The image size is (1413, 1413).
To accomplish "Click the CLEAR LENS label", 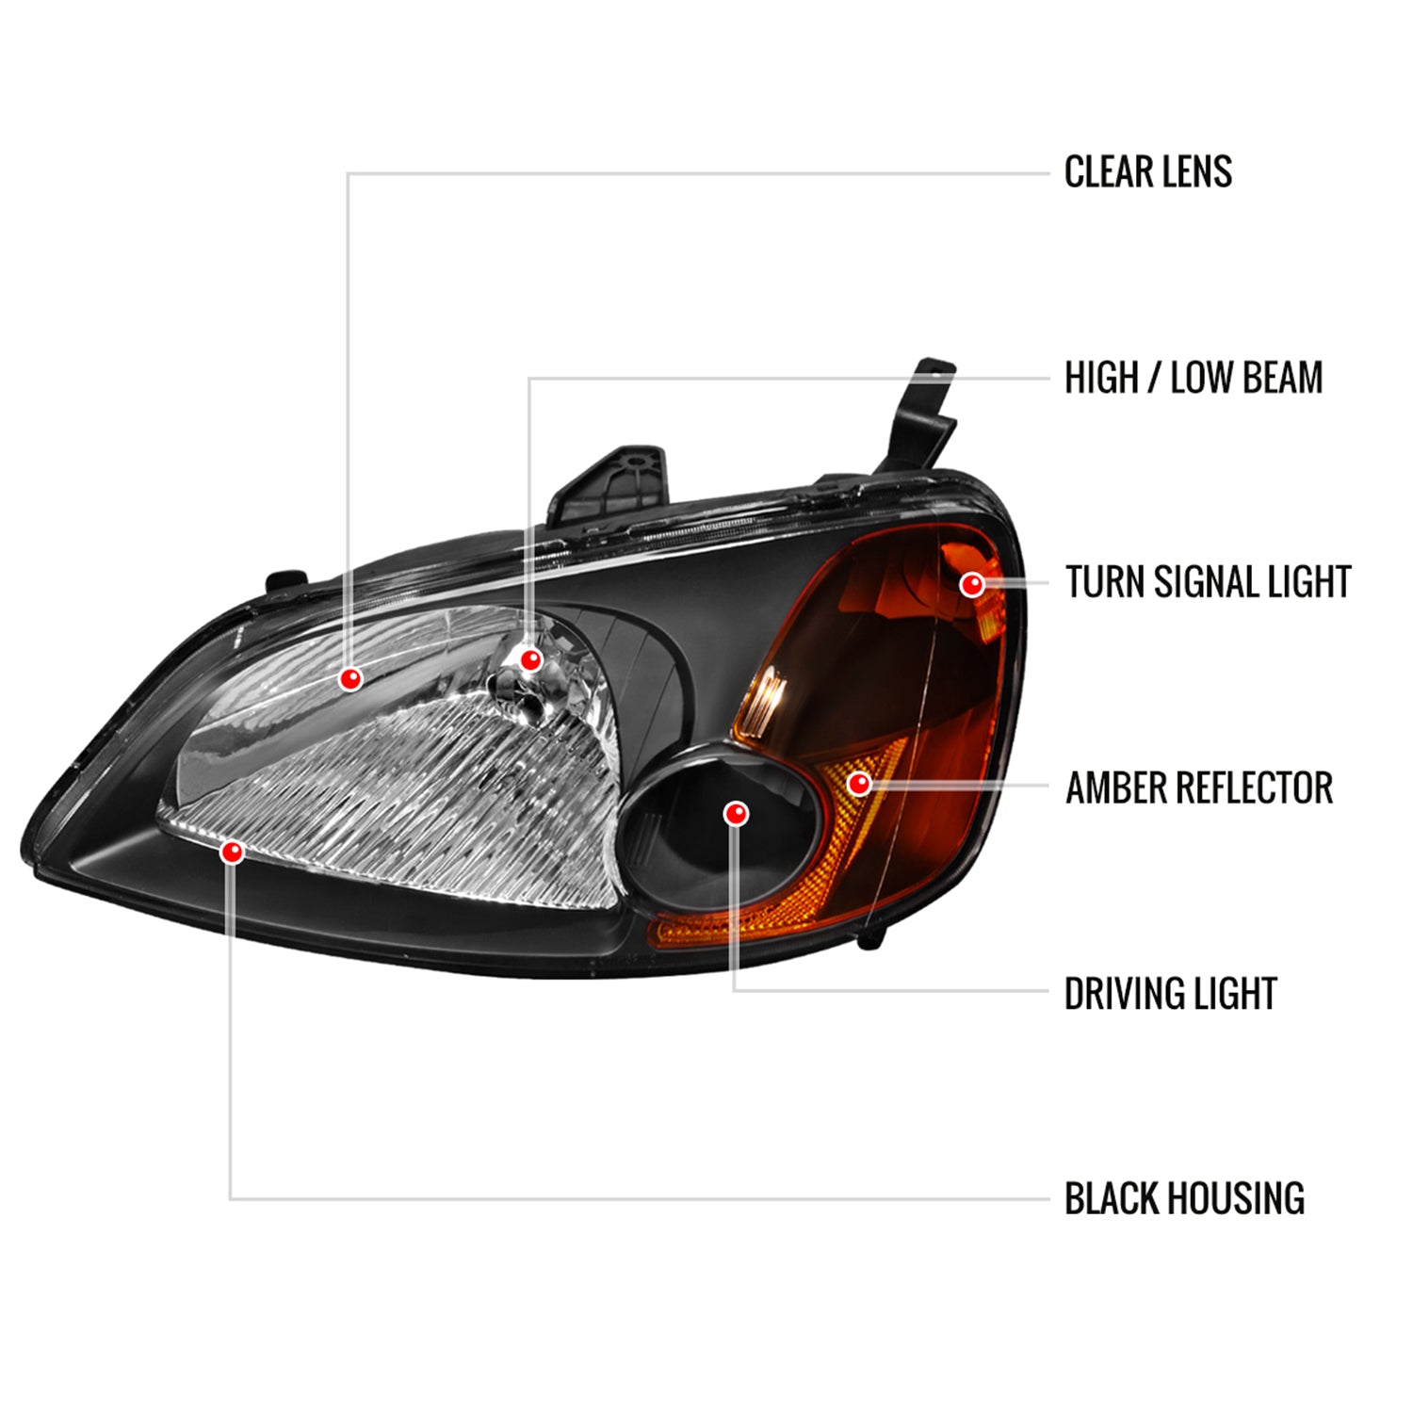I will [1147, 172].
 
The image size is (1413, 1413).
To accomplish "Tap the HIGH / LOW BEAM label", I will [1193, 378].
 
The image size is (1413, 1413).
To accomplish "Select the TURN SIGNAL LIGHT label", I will [1208, 582].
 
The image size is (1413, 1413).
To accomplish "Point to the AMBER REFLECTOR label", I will [1198, 788].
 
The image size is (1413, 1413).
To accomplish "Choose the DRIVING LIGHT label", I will [1170, 994].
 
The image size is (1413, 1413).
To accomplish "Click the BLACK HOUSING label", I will [1184, 1199].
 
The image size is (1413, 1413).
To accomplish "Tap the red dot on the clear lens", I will [350, 678].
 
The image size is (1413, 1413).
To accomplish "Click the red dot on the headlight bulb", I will [530, 659].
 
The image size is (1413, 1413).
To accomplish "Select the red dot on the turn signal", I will [971, 585].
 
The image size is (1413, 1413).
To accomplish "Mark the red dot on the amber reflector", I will [858, 783].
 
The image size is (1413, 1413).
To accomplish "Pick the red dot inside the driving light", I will [736, 814].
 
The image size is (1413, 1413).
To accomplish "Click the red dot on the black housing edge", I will [232, 853].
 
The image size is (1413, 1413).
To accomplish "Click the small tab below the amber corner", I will [874, 936].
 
